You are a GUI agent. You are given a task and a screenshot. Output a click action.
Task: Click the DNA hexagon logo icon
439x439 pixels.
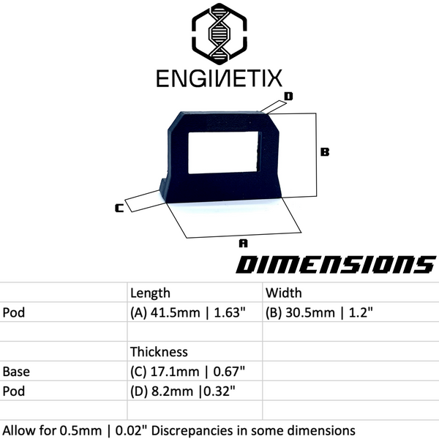219,35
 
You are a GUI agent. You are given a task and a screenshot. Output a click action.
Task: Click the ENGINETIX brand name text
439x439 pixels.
219,78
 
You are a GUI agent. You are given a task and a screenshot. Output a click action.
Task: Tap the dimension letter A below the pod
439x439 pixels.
244,241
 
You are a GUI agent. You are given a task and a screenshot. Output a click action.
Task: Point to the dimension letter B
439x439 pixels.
326,152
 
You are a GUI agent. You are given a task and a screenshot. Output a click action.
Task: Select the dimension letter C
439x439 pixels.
119,209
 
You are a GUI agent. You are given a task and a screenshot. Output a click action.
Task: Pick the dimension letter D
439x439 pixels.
288,96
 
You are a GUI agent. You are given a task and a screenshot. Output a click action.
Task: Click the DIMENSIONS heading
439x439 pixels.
335,265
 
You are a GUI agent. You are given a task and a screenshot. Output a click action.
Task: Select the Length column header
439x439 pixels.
150,293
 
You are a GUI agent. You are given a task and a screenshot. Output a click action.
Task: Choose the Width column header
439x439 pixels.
283,293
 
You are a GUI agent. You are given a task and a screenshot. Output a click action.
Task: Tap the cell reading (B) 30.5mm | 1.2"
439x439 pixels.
320,312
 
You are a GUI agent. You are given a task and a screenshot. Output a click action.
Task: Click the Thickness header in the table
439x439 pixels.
159,352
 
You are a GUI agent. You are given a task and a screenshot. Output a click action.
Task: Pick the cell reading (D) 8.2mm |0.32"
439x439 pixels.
183,391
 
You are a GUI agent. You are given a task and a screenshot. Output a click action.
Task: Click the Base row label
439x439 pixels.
16,372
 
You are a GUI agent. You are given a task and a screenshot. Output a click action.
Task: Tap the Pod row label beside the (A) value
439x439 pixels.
14,312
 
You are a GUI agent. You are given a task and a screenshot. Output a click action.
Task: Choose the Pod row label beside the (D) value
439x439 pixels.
14,391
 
